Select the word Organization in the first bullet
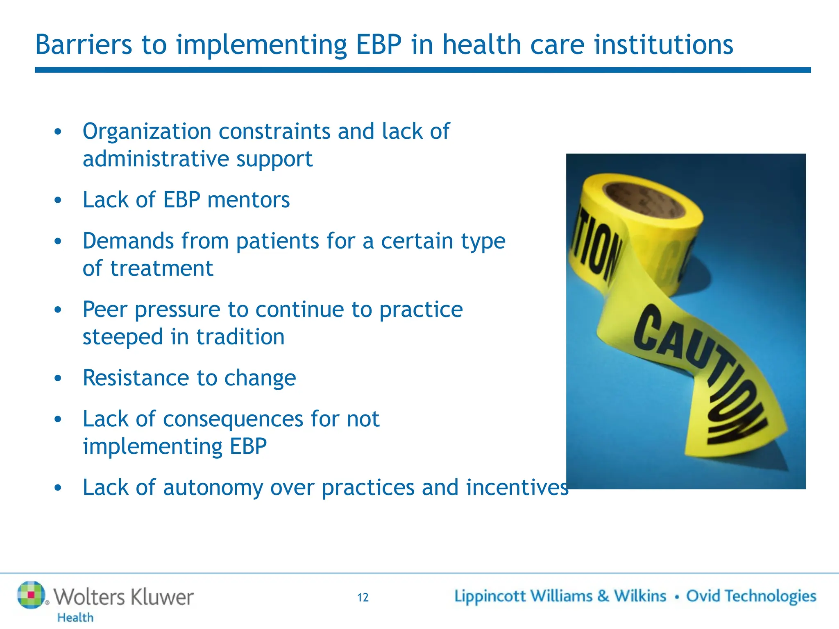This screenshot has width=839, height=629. [x=147, y=132]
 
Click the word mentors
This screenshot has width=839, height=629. [x=248, y=200]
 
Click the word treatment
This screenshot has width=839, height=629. [x=161, y=269]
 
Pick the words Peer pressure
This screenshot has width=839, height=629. [x=152, y=310]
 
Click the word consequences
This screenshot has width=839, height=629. [x=233, y=419]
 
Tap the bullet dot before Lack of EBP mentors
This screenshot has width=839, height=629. [x=58, y=200]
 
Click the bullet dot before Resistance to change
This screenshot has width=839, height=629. [x=58, y=378]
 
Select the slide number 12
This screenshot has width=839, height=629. [x=363, y=597]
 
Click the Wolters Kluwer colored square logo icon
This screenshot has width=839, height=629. [x=31, y=595]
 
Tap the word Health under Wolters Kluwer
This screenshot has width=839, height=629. [x=75, y=617]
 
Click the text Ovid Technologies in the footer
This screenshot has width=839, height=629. [x=751, y=596]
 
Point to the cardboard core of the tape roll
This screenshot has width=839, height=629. [x=645, y=201]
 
